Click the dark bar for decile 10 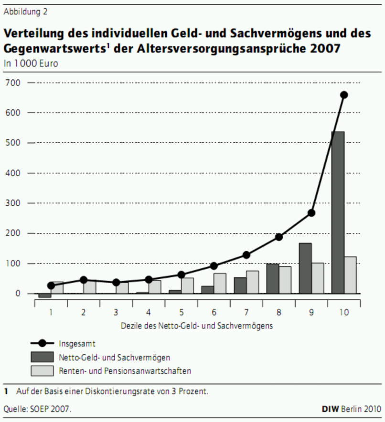pyautogui.click(x=338, y=212)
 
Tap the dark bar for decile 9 pyautogui.click(x=305, y=268)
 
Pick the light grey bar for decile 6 pyautogui.click(x=220, y=283)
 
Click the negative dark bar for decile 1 pyautogui.click(x=45, y=295)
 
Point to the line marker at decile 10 pyautogui.click(x=343, y=95)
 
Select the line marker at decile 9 pyautogui.click(x=311, y=213)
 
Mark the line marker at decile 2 pyautogui.click(x=84, y=280)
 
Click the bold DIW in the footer pyautogui.click(x=331, y=409)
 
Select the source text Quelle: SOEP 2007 pyautogui.click(x=37, y=409)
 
